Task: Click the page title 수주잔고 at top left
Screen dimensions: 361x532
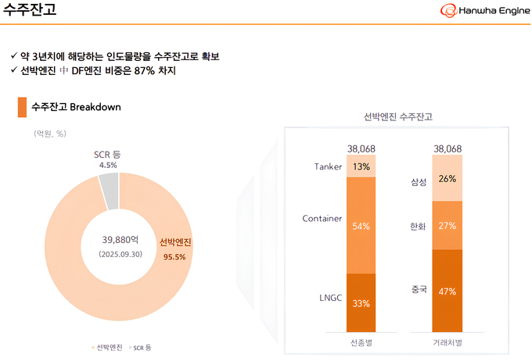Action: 29,11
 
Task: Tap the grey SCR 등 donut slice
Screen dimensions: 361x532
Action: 109,191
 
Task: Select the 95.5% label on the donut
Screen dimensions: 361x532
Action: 174,256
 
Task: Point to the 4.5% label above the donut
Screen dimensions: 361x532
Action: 107,165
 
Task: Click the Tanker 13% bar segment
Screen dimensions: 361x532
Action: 361,166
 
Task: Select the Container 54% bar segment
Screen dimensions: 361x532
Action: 361,225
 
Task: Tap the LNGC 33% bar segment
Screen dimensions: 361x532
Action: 361,302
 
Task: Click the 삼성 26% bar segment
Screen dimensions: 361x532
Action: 448,179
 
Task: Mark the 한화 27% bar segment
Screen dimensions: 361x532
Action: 448,226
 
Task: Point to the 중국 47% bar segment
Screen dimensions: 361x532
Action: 448,290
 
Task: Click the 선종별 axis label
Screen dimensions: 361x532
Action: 361,342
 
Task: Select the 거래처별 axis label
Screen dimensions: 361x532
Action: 448,342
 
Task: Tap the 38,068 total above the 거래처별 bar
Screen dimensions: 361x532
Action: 448,148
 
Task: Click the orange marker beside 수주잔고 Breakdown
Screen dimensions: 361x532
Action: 21,107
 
